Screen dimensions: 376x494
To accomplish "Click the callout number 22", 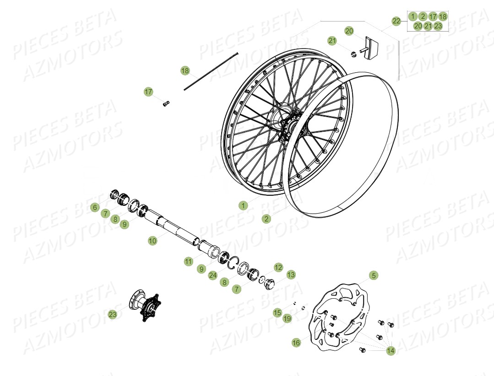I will pyautogui.click(x=396, y=21).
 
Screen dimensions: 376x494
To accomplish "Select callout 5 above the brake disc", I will pyautogui.click(x=374, y=275).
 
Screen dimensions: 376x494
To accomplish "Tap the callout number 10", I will pyautogui.click(x=152, y=241).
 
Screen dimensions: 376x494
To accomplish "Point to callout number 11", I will pyautogui.click(x=189, y=262).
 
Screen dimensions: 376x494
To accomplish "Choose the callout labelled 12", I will pyautogui.click(x=278, y=267).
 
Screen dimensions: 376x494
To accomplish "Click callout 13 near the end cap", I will pyautogui.click(x=291, y=275).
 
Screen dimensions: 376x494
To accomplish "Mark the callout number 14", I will pyautogui.click(x=391, y=351).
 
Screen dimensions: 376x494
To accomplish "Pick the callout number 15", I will pyautogui.click(x=277, y=313).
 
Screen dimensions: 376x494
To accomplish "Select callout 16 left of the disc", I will pyautogui.click(x=296, y=342).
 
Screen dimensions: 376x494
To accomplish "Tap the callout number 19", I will pyautogui.click(x=287, y=319).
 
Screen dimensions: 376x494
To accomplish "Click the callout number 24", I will pyautogui.click(x=212, y=275).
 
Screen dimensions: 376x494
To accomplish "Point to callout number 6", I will pyautogui.click(x=94, y=208).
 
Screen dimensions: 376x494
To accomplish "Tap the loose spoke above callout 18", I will pyautogui.click(x=211, y=71).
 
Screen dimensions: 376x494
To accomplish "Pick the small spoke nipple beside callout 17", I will pyautogui.click(x=166, y=103).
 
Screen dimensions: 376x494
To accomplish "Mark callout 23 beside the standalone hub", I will pyautogui.click(x=113, y=315).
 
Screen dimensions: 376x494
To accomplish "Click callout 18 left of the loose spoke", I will pyautogui.click(x=185, y=71).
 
